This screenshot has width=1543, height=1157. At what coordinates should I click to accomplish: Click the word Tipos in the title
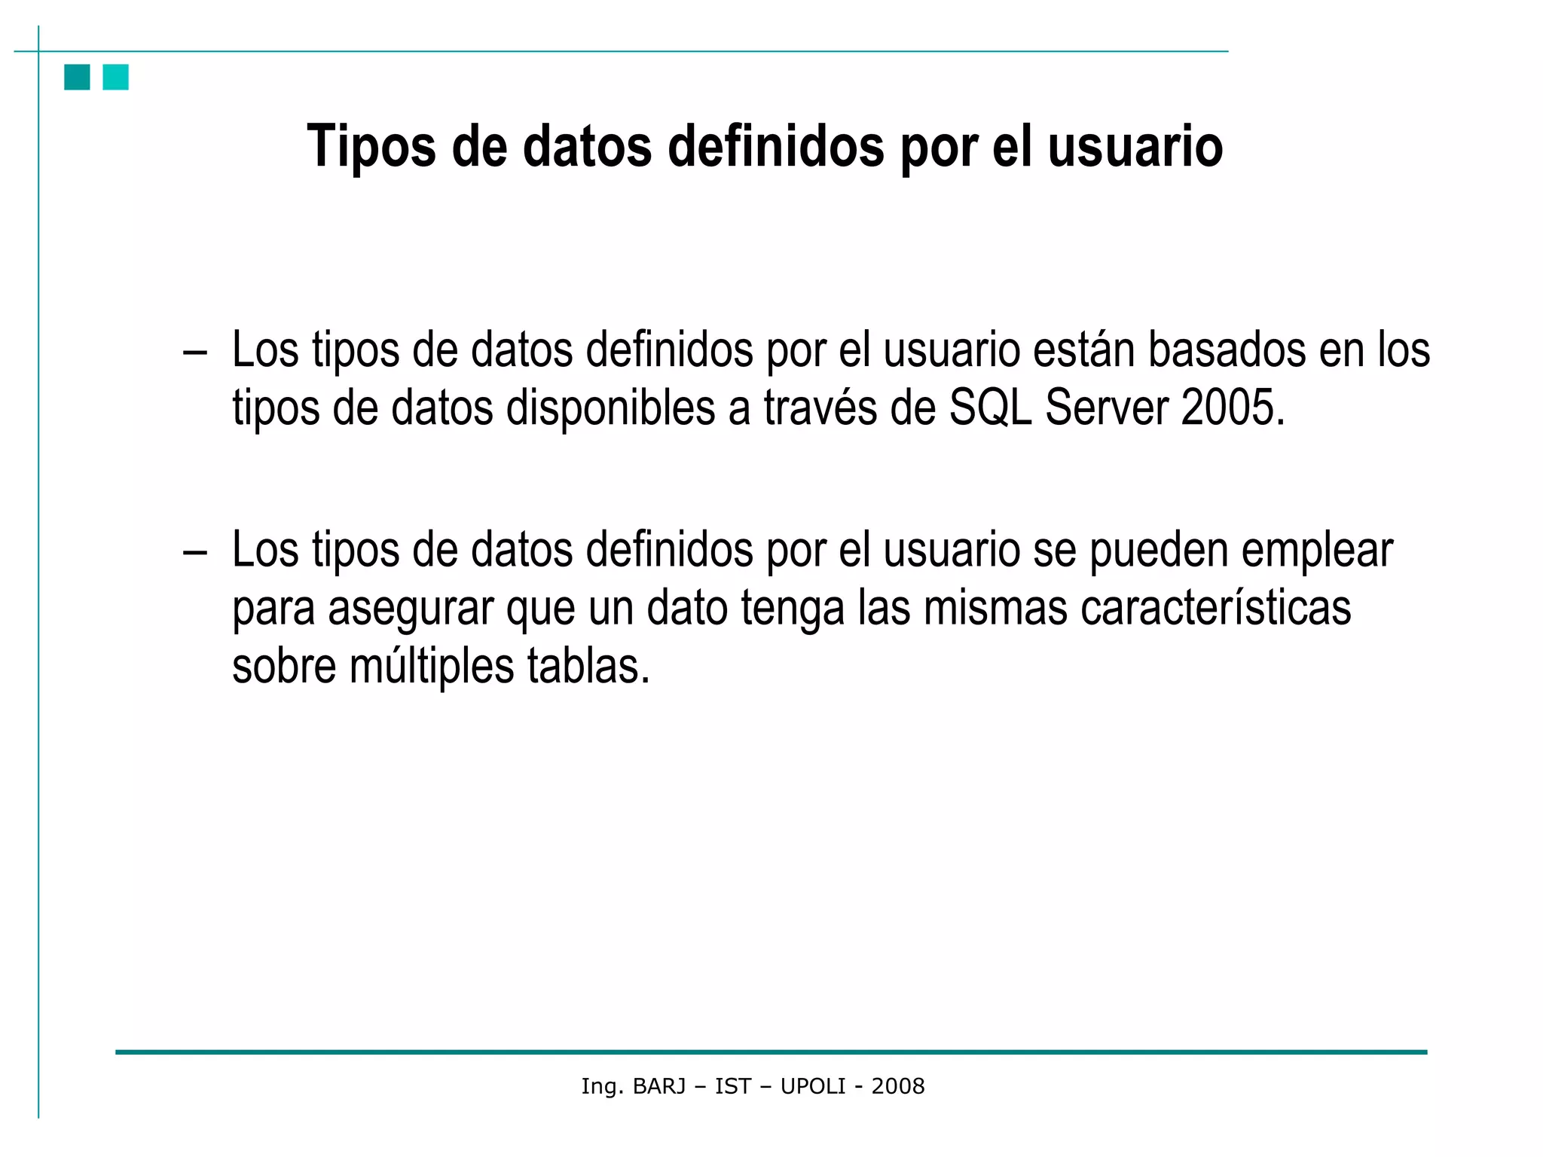pos(371,146)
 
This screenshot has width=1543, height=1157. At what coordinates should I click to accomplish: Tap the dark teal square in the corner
pos(77,77)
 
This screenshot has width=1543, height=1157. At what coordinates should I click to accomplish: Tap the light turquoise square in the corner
pos(116,77)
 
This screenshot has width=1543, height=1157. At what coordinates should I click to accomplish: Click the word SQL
pos(990,408)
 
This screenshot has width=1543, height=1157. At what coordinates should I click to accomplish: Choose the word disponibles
pos(610,408)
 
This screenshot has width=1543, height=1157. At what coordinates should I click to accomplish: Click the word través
pos(820,408)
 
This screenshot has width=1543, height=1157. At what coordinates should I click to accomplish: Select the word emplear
pos(1317,551)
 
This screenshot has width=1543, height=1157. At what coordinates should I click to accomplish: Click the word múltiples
pos(432,666)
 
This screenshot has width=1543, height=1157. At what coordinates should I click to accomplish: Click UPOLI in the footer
pos(813,1086)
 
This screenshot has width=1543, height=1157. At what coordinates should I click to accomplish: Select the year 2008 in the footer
pos(898,1086)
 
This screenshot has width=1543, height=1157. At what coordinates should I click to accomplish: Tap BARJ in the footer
pos(659,1086)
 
